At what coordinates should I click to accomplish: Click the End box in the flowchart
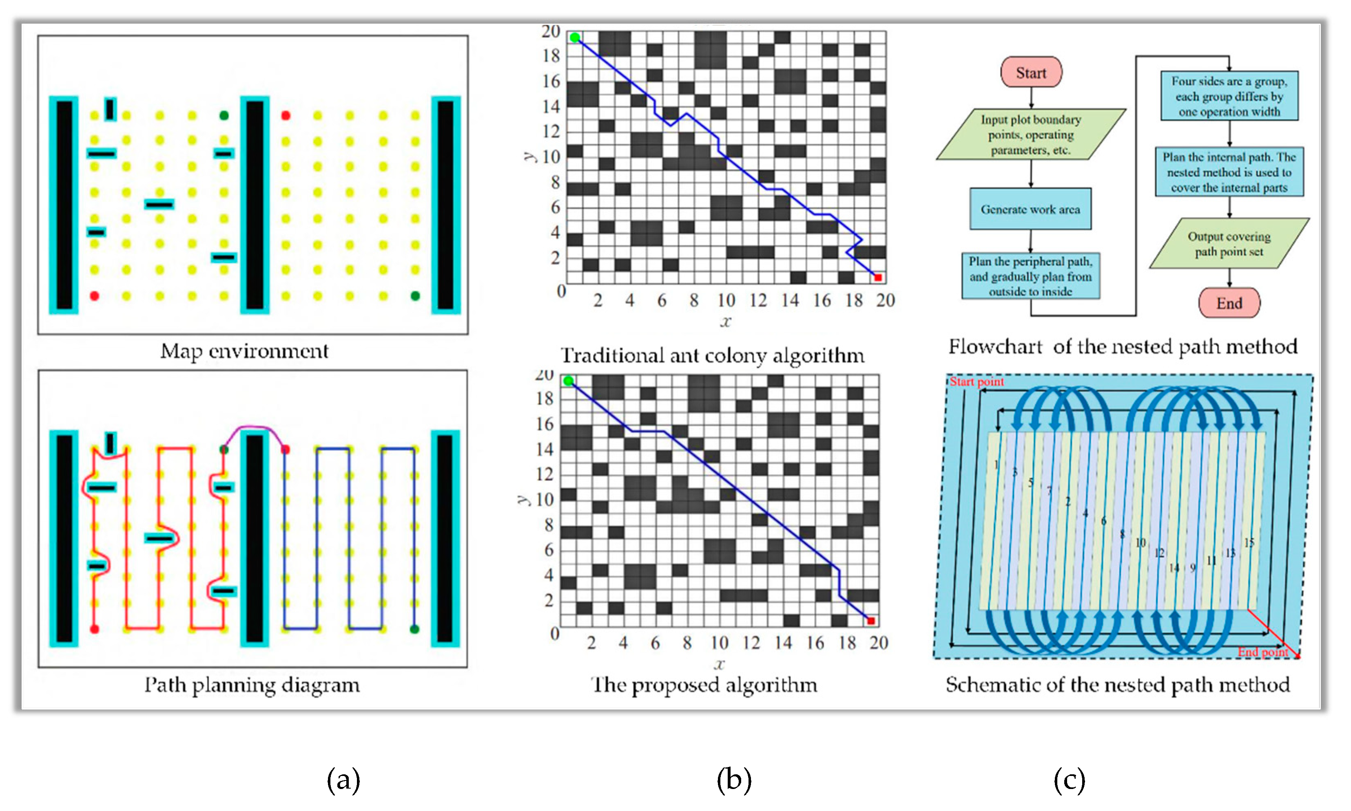click(1229, 303)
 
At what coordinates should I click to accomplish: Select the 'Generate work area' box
click(1030, 209)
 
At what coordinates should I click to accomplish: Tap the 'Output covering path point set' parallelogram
click(1229, 244)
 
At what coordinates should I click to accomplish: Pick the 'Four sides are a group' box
click(1229, 96)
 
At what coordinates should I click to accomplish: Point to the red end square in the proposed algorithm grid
click(871, 621)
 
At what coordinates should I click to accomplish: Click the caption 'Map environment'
click(244, 351)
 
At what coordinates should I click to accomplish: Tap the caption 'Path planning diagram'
click(252, 685)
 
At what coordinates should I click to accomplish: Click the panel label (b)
click(733, 780)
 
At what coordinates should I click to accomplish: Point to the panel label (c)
click(1069, 780)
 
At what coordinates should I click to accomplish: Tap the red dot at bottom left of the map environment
click(94, 295)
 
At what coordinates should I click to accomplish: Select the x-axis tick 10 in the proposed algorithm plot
click(719, 643)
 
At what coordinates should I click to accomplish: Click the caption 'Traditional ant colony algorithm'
click(712, 356)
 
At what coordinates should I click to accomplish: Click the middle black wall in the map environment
click(255, 205)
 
